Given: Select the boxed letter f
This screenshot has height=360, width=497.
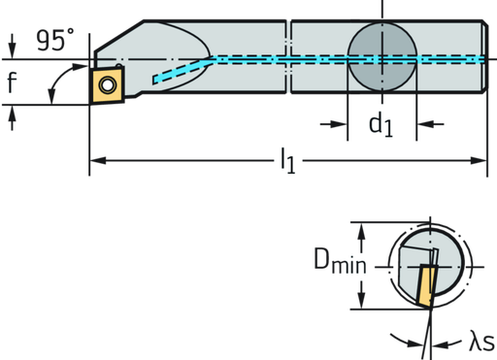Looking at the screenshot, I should tap(12, 84).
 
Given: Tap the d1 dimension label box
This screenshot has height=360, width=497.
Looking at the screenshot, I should tap(381, 123).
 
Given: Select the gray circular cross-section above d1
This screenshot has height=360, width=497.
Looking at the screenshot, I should tap(381, 55).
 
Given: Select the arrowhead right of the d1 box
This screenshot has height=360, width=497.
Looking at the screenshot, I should tap(423, 123).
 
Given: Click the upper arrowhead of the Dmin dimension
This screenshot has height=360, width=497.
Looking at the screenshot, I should tap(362, 229).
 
